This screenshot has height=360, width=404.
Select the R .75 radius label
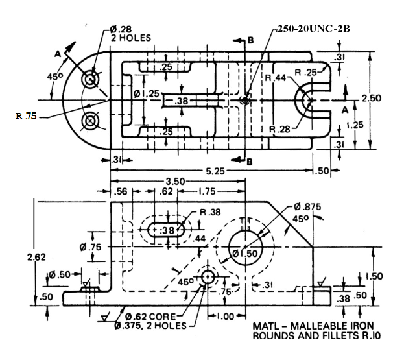point(28,117)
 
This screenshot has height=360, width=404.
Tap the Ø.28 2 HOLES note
point(130,33)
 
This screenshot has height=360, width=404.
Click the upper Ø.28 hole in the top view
point(89,80)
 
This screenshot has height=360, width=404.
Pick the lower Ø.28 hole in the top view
point(89,121)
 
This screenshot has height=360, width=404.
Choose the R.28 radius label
point(280,128)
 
